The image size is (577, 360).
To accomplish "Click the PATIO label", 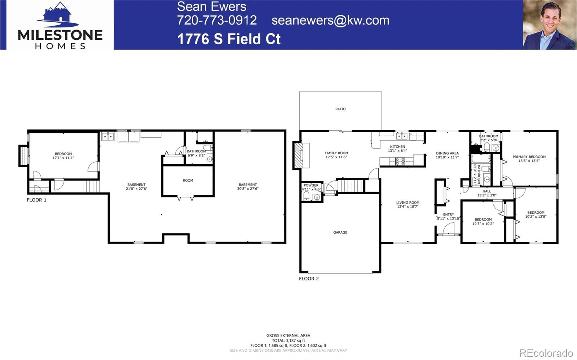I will tap(340, 109).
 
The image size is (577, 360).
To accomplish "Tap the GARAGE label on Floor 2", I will tap(340, 232).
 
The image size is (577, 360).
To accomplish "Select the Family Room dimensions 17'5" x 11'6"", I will tap(336, 157).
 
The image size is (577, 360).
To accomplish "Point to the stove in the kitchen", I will tap(400, 161).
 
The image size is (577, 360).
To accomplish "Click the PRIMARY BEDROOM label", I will tap(529, 157).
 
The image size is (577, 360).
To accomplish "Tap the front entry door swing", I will tap(449, 228).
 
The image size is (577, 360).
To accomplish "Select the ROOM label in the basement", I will tap(188, 181).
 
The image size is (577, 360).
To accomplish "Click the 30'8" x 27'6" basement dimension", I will tap(248, 188).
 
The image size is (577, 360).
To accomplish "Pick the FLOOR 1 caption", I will tap(36, 200).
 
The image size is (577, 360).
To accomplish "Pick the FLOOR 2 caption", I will tap(309, 279).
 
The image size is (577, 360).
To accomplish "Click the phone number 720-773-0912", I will tap(217, 20).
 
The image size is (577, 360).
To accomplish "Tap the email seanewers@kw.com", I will tap(330, 20).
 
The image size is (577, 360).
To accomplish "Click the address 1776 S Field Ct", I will tap(229, 39).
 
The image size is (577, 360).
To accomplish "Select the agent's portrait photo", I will tap(550, 25).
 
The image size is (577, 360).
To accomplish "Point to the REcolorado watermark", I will tap(546, 352).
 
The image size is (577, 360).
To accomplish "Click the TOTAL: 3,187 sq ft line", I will tap(288, 340).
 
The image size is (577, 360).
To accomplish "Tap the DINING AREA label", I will tap(447, 153).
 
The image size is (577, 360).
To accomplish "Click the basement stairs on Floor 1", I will tap(91, 187).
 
